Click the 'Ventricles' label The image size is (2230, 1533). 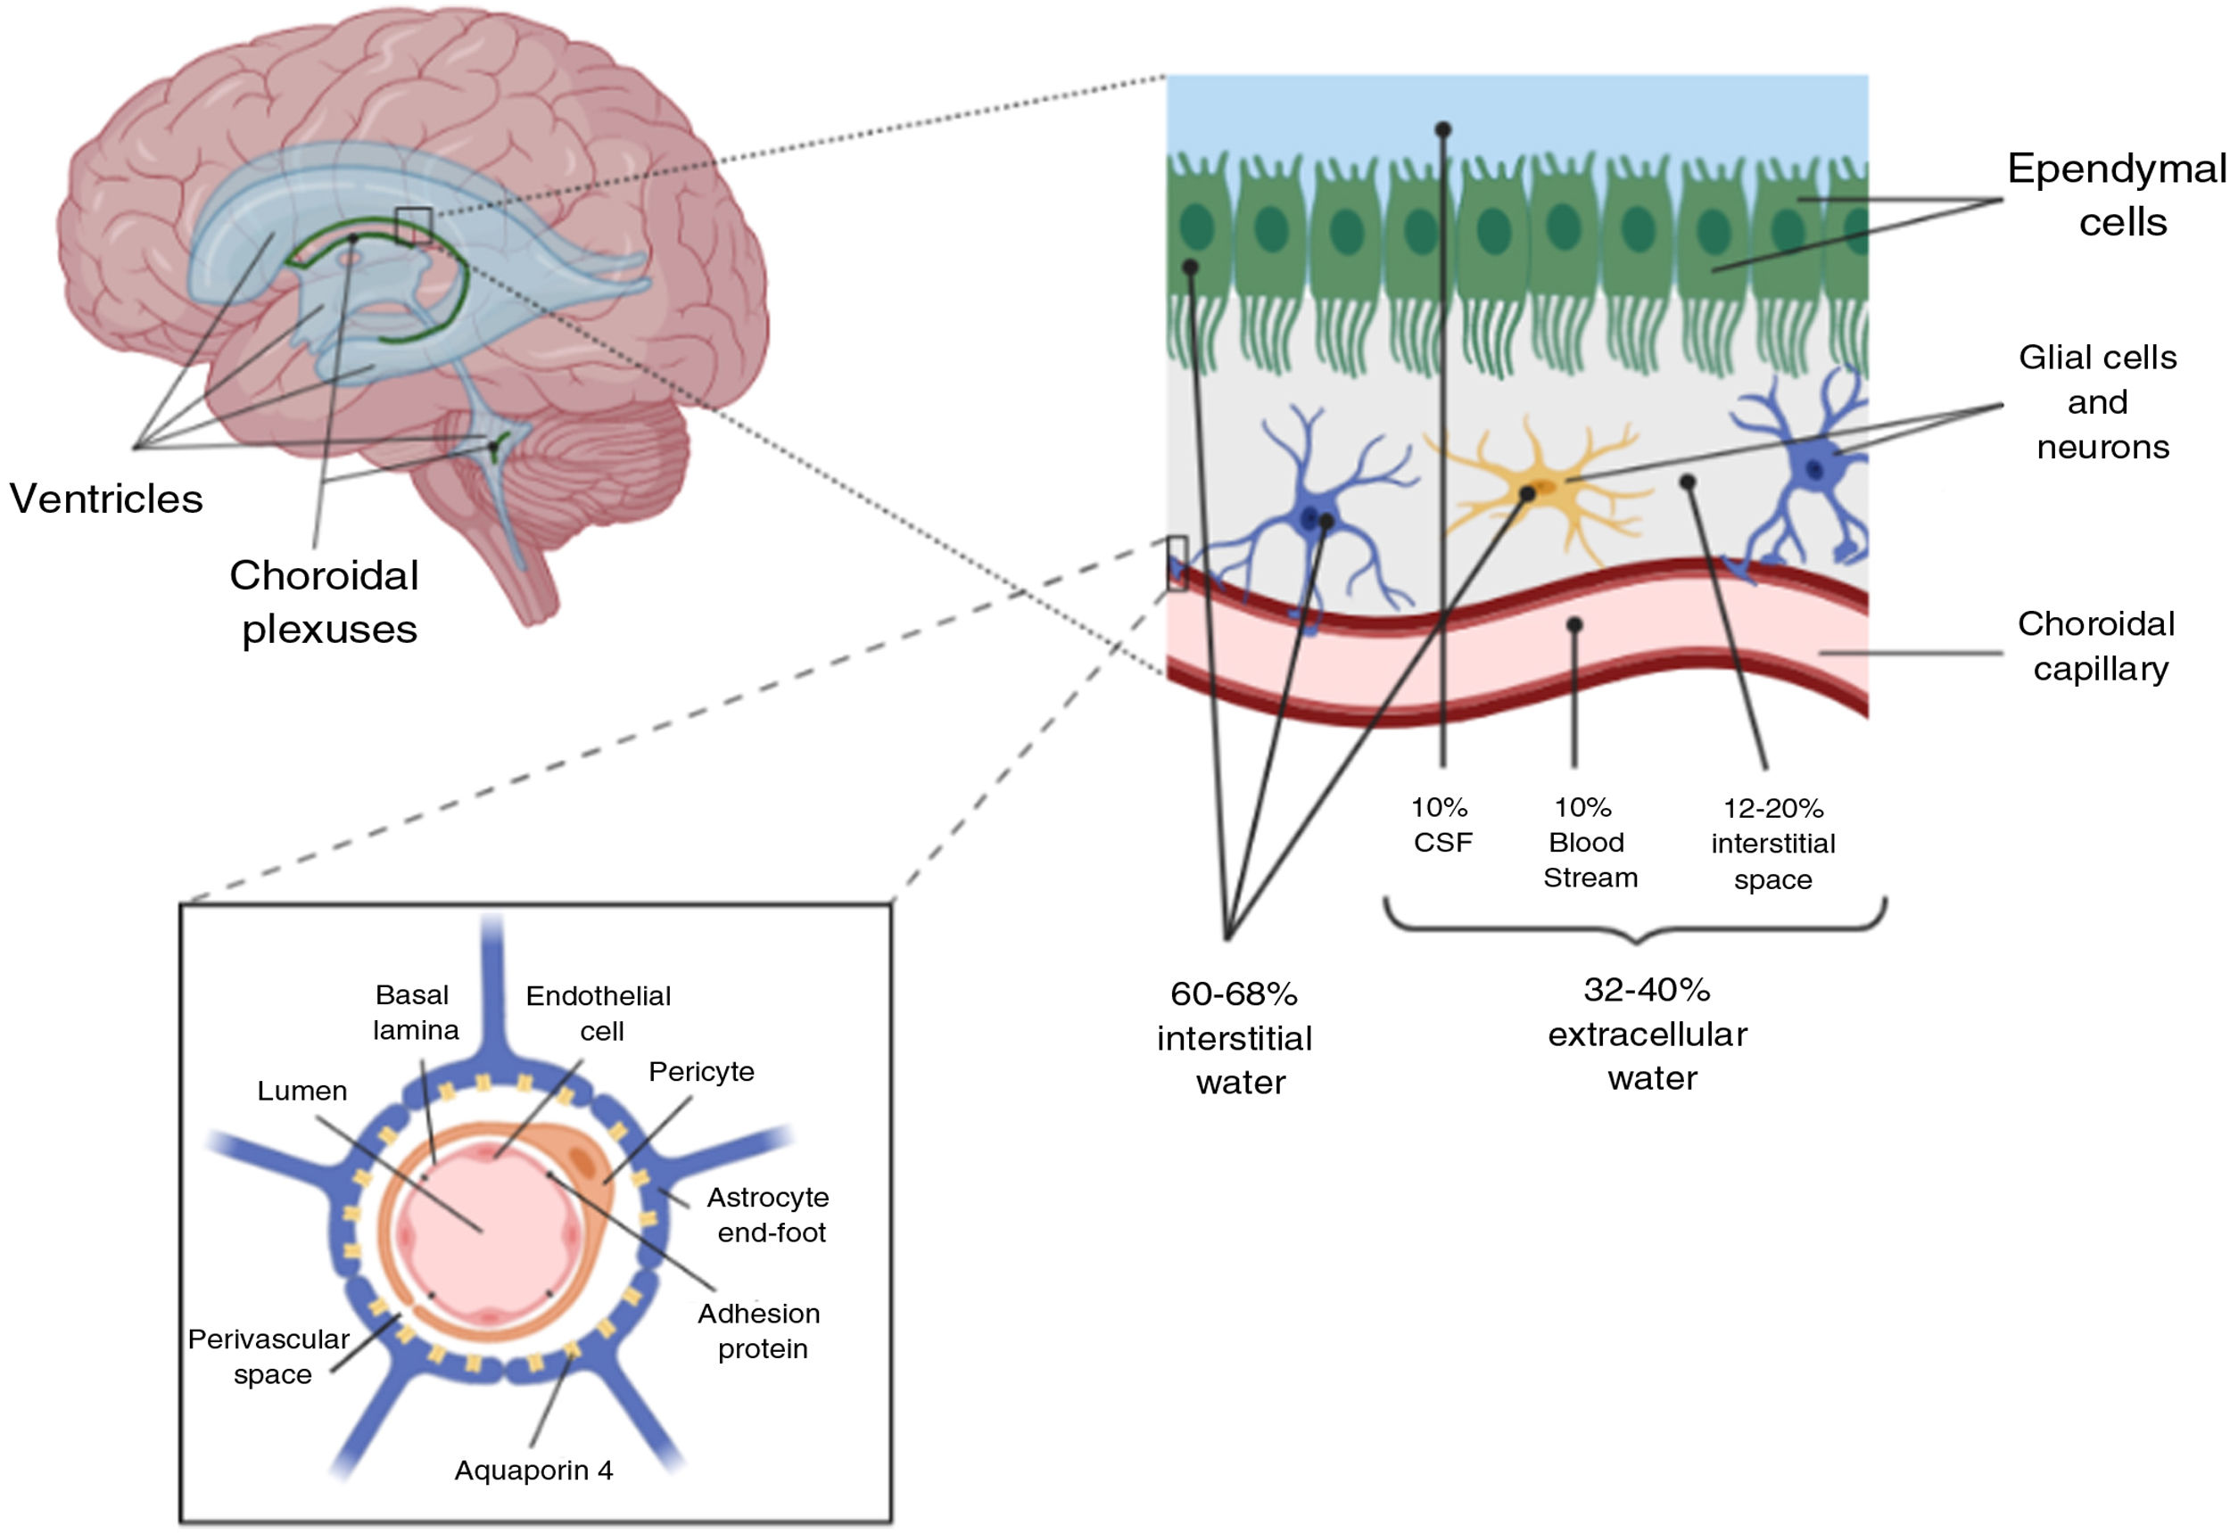105,499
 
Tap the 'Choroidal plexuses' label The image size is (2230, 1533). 325,602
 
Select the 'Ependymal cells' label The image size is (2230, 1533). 2116,195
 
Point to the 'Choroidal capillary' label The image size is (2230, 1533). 2097,646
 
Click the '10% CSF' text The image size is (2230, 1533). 1441,825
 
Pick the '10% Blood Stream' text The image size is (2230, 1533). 1588,843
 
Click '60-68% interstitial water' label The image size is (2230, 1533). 1235,1037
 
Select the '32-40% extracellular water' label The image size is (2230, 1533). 1648,1034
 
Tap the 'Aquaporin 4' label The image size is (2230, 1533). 533,1471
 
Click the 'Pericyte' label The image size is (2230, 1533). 701,1071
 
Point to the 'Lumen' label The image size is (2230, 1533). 301,1092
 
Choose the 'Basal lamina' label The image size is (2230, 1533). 415,1012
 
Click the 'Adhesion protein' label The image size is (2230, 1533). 760,1331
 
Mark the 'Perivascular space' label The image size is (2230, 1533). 269,1356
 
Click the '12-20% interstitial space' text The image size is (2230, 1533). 1772,844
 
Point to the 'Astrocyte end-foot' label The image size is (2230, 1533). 769,1214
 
